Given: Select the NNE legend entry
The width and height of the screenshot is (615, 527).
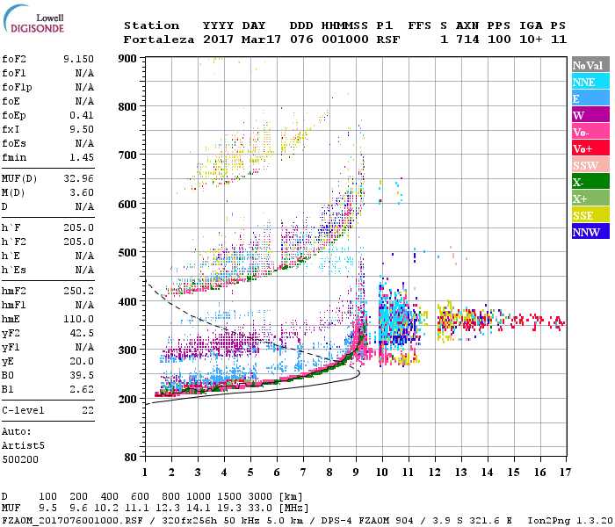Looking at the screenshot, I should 588,82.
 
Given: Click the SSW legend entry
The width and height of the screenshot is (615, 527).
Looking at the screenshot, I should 588,165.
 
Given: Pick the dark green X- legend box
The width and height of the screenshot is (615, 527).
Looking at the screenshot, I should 588,182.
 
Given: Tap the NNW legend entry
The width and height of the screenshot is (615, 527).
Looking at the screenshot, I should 588,232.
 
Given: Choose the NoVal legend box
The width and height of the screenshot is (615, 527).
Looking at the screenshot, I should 588,65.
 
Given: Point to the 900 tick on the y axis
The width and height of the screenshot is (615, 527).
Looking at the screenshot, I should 128,58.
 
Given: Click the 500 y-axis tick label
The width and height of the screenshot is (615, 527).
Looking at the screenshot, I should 128,253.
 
